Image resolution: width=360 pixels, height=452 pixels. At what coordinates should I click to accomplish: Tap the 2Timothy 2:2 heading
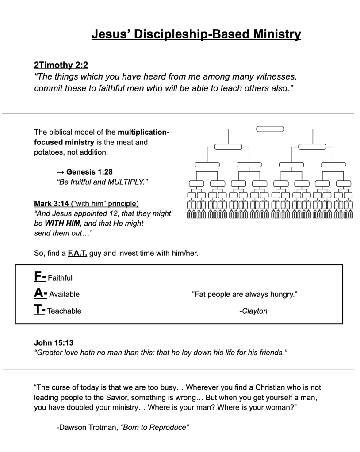click(61, 65)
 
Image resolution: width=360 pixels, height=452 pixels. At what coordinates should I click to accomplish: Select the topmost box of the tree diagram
click(270, 129)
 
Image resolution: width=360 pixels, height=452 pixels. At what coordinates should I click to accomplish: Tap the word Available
click(64, 294)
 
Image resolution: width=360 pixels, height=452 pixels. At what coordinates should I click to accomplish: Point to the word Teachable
click(65, 311)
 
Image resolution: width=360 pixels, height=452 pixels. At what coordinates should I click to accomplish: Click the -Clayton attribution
click(253, 311)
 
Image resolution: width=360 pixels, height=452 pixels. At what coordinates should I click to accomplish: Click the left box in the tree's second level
click(228, 147)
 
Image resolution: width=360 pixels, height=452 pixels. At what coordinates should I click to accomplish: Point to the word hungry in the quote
click(283, 294)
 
